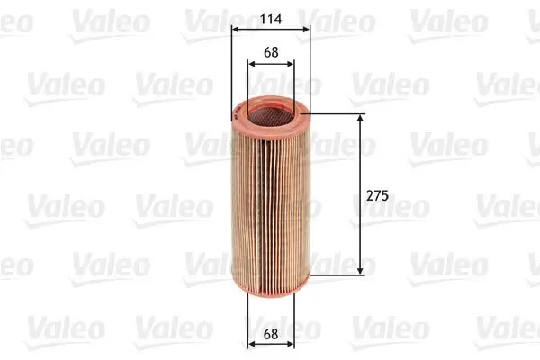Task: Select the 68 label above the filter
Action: (270, 52)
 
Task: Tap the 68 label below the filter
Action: (270, 335)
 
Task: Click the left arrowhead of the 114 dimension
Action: (236, 29)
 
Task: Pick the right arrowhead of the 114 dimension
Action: (306, 29)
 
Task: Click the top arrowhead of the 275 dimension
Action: (362, 119)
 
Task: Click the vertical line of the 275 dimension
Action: (362, 162)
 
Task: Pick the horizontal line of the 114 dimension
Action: (270, 29)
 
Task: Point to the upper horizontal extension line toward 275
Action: (337, 114)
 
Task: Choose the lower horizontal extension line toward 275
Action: (337, 273)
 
